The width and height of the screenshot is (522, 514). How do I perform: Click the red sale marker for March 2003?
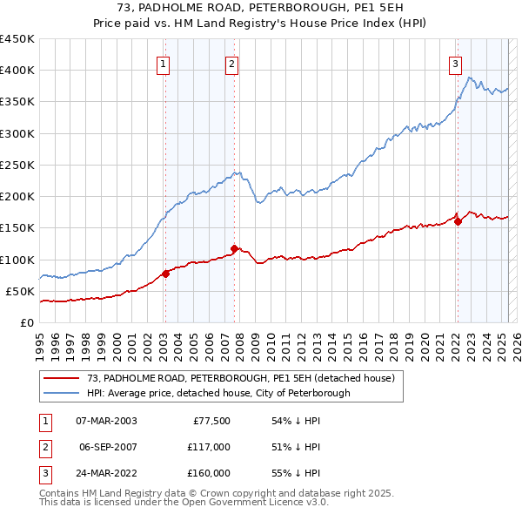pos(165,274)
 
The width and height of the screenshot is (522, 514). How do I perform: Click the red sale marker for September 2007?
pos(235,248)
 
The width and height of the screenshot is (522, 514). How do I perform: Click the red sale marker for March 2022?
pos(458,221)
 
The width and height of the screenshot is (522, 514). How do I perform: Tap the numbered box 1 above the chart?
pos(164,63)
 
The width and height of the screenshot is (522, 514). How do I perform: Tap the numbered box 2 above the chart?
pos(232,63)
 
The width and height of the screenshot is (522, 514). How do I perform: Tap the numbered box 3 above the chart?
pos(456,63)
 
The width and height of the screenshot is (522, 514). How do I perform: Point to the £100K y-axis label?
pos(17,260)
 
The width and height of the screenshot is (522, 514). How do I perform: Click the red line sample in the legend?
pos(61,378)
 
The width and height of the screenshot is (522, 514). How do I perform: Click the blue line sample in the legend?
pos(61,393)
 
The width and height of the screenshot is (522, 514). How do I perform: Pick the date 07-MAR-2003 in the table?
pos(105,421)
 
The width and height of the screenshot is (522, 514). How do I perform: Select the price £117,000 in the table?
pos(209,447)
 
